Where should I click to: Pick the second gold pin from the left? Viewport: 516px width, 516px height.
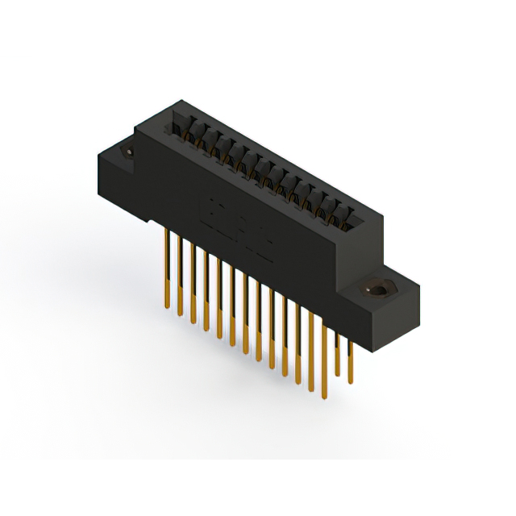click(x=180, y=274)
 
